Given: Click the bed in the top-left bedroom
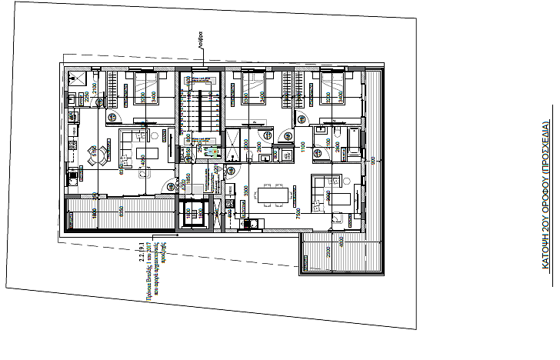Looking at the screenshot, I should (145, 88).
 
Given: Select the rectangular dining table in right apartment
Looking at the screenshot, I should (272, 196).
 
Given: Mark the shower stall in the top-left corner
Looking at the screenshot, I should (78, 78).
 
